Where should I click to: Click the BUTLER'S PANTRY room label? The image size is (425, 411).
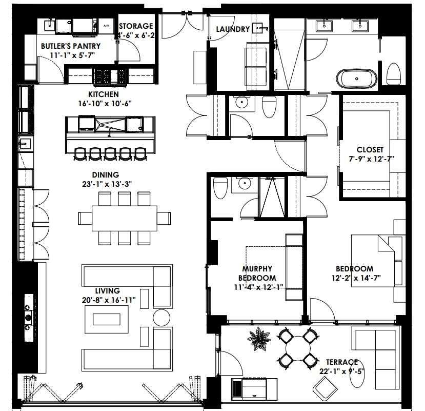click(71, 46)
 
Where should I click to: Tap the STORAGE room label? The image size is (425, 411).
click(136, 26)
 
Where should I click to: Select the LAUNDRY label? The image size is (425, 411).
click(233, 29)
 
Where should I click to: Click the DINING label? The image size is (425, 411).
click(106, 174)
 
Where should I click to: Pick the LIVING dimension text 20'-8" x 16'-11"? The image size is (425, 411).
click(108, 300)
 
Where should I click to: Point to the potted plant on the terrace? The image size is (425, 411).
click(259, 338)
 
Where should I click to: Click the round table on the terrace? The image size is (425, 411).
click(297, 349)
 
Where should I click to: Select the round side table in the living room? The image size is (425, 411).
click(161, 317)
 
